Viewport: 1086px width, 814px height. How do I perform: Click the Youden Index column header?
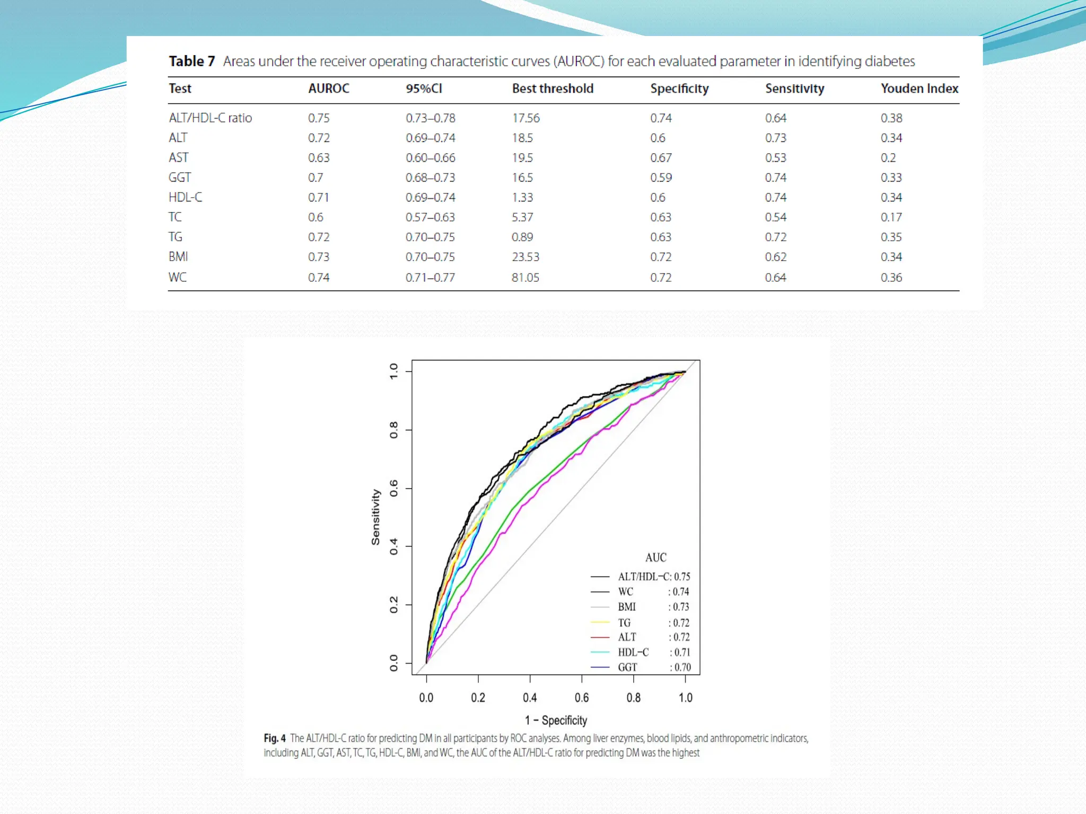[x=919, y=89]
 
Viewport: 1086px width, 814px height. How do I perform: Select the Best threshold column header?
[x=553, y=89]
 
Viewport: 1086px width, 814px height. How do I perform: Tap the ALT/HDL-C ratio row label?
[x=210, y=118]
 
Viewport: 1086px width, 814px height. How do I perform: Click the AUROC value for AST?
[x=319, y=157]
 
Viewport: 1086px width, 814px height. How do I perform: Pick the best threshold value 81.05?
[x=525, y=277]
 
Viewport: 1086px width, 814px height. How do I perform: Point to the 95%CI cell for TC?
[x=430, y=217]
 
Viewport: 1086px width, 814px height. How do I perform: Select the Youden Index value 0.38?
[x=891, y=118]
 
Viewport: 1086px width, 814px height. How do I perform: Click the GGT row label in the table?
[x=180, y=178]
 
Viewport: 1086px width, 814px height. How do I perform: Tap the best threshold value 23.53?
[x=525, y=257]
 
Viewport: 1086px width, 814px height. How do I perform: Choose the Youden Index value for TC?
[x=891, y=217]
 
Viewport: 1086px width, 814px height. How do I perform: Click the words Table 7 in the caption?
[x=192, y=61]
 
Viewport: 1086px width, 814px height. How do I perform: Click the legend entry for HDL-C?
[x=633, y=652]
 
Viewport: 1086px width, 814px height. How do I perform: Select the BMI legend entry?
[x=627, y=607]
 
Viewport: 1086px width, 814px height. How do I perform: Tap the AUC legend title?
[x=655, y=558]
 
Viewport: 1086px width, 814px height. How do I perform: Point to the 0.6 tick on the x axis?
[x=582, y=697]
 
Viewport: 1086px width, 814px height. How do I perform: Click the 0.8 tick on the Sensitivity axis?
[x=393, y=430]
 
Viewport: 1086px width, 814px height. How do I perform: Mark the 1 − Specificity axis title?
[x=556, y=720]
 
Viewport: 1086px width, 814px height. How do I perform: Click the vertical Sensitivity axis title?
[x=375, y=517]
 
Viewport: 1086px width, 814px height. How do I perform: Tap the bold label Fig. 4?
[x=275, y=738]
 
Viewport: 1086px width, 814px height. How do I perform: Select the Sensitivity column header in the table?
[x=794, y=89]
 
